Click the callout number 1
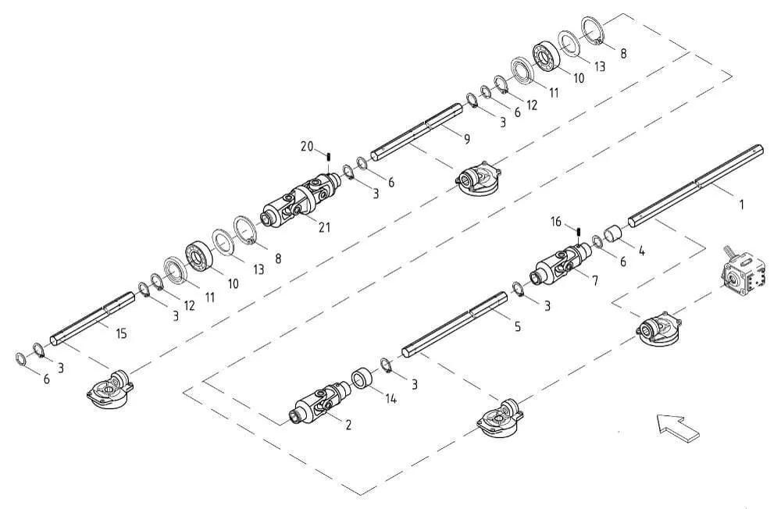click(740, 205)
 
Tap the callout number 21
click(324, 228)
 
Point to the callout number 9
click(467, 139)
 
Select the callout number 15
click(121, 333)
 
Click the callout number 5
click(518, 327)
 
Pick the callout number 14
click(391, 398)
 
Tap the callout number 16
click(556, 222)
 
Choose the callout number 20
click(307, 147)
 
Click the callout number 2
click(348, 425)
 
